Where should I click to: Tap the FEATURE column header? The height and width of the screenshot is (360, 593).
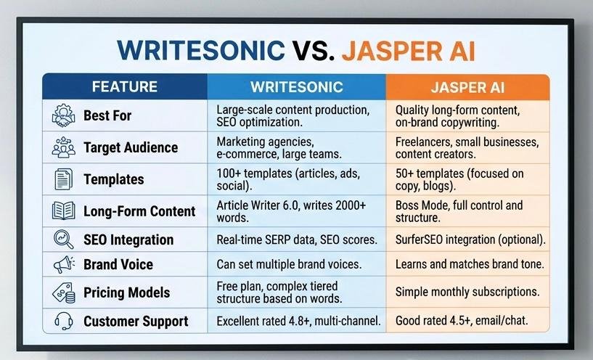(124, 87)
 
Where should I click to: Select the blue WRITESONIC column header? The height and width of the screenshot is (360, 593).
(296, 87)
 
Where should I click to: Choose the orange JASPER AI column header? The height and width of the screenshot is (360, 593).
(467, 87)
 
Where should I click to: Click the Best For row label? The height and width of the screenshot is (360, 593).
(107, 115)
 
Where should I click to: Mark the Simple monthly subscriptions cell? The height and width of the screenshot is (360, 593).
(467, 292)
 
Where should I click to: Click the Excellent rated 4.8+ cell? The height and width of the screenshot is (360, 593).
(295, 321)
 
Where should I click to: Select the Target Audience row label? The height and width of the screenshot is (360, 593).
(131, 147)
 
